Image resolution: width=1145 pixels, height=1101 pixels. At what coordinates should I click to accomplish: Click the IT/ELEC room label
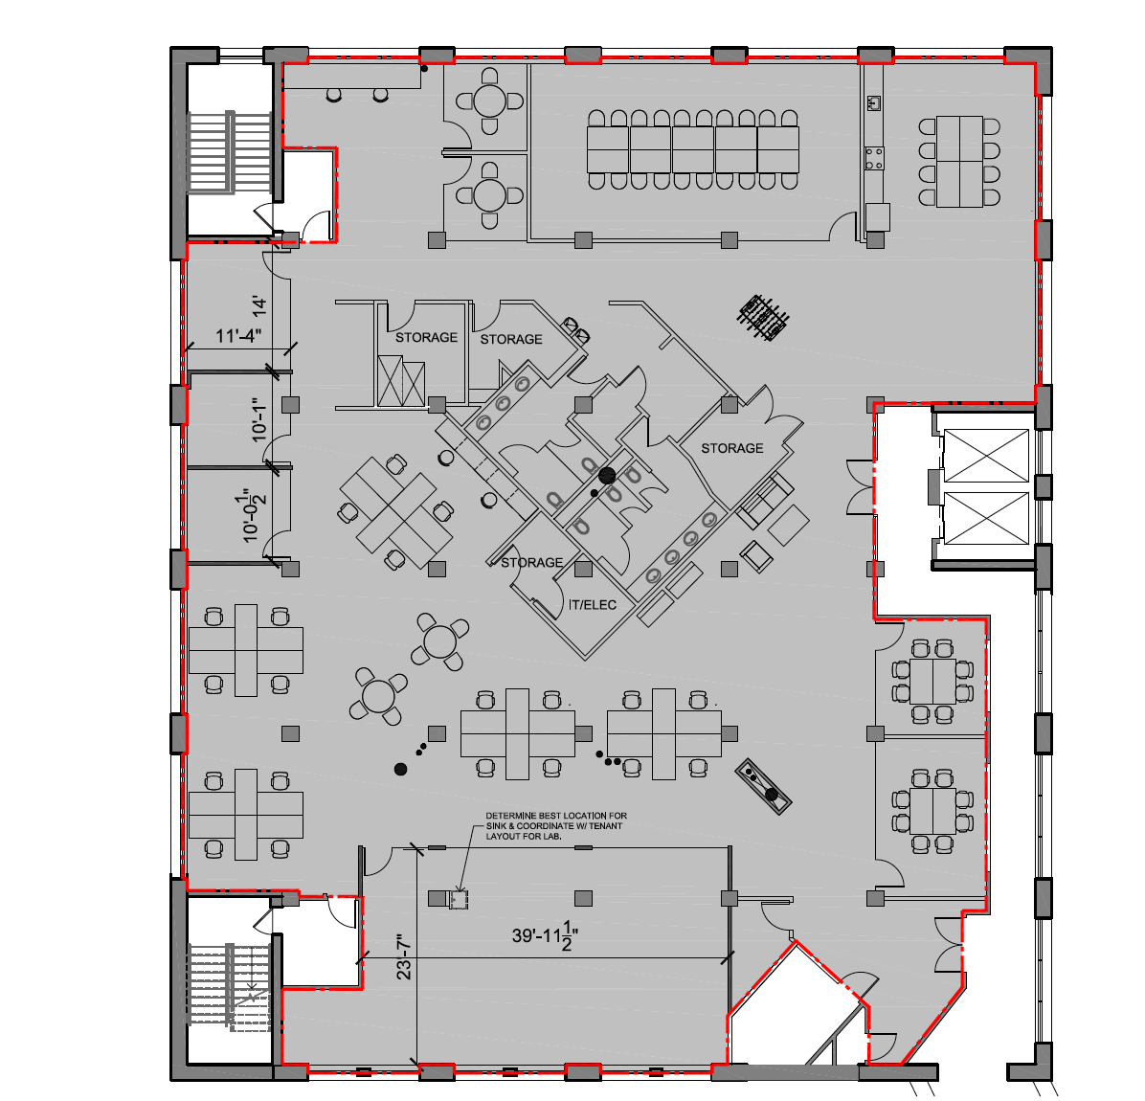pos(593,605)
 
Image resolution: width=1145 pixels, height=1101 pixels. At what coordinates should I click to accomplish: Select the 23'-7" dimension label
pos(404,956)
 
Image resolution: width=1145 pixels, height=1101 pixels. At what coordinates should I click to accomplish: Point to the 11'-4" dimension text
pos(238,336)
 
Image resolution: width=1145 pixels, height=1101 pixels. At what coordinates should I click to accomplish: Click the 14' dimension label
pos(258,306)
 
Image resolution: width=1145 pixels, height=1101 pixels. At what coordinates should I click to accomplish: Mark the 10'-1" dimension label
pos(259,418)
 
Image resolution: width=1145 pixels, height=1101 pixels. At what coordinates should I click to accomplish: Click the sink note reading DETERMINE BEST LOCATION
pos(556,826)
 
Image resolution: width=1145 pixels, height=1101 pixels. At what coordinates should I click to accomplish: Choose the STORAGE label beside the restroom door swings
pos(731,448)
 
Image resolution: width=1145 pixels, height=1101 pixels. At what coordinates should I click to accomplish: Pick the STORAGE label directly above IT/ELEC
pos(531,563)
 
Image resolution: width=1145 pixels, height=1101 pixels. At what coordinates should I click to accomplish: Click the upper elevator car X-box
pos(986,456)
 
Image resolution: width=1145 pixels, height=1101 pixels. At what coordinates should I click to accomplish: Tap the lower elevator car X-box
pos(986,517)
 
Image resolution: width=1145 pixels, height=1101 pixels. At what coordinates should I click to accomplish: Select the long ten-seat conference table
pos(692,149)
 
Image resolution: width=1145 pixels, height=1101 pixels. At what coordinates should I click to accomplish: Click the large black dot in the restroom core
pos(605,475)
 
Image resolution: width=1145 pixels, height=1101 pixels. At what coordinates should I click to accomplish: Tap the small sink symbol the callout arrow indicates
pos(459,900)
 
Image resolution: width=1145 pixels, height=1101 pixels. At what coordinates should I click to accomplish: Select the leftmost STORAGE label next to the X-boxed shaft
pos(426,338)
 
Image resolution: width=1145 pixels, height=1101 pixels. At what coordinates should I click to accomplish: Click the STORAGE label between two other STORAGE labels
pos(510,340)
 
